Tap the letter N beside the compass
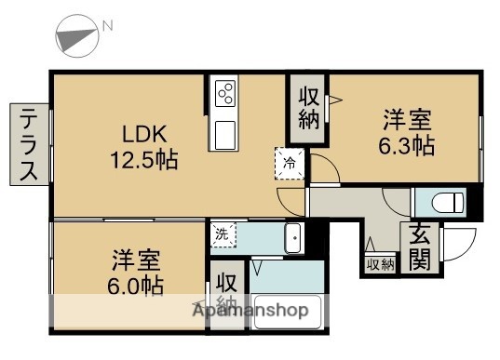click(x=108, y=27)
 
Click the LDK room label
click(x=139, y=131)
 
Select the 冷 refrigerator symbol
click(x=289, y=162)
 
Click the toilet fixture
click(x=442, y=202)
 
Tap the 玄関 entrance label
click(x=420, y=247)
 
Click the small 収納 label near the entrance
click(x=379, y=265)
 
